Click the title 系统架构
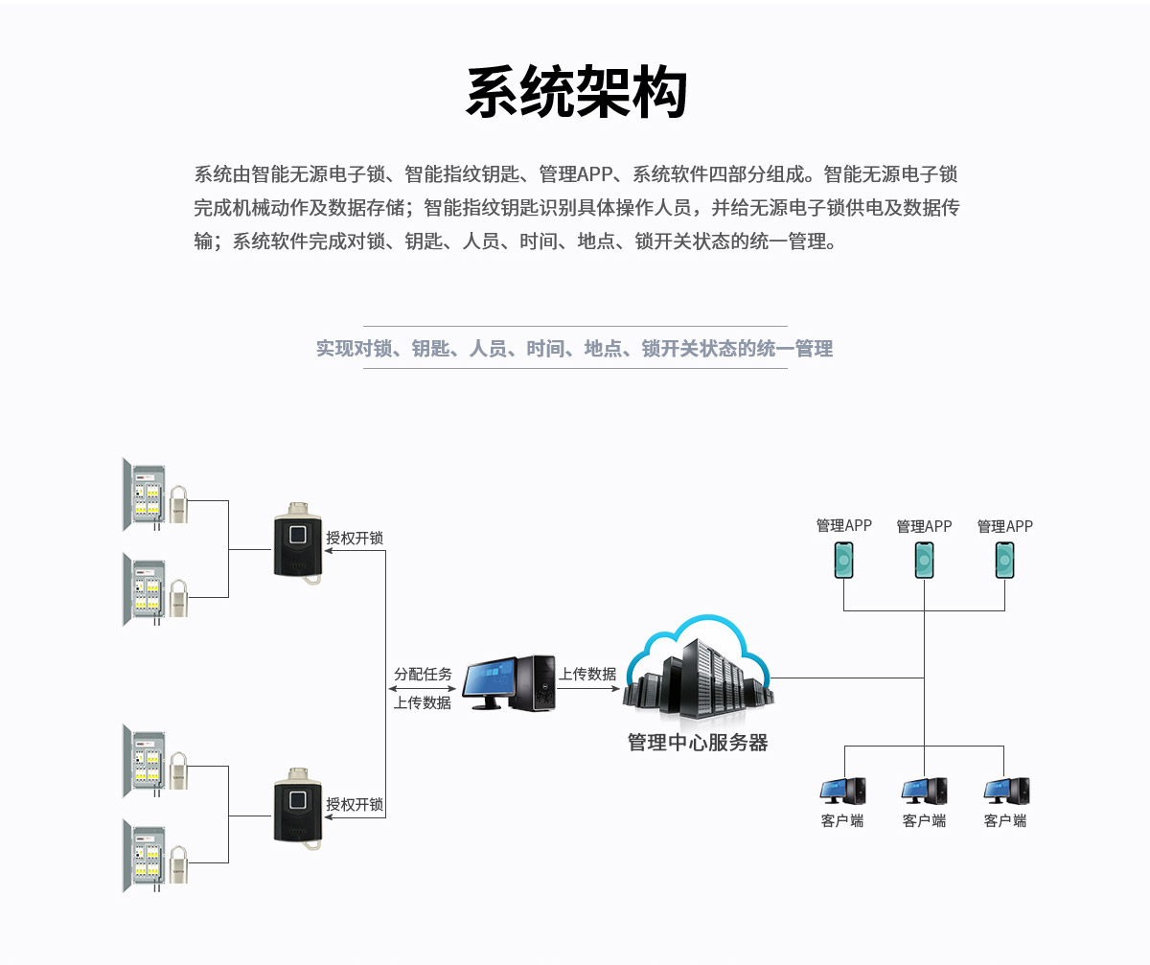tap(576, 93)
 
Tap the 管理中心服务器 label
tap(698, 743)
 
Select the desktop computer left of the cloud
tap(509, 682)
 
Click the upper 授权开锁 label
tap(355, 539)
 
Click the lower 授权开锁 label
tap(355, 804)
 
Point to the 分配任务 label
tap(423, 674)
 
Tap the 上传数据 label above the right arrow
tap(587, 674)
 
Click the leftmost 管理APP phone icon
tap(843, 560)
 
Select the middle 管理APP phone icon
tap(924, 560)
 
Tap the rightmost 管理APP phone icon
tap(1004, 560)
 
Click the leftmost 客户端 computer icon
tap(843, 791)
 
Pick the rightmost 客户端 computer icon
tap(1006, 791)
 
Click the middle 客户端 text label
tap(924, 820)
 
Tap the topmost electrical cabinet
tap(145, 494)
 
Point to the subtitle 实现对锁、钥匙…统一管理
tap(574, 349)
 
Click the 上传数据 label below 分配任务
tap(423, 702)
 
